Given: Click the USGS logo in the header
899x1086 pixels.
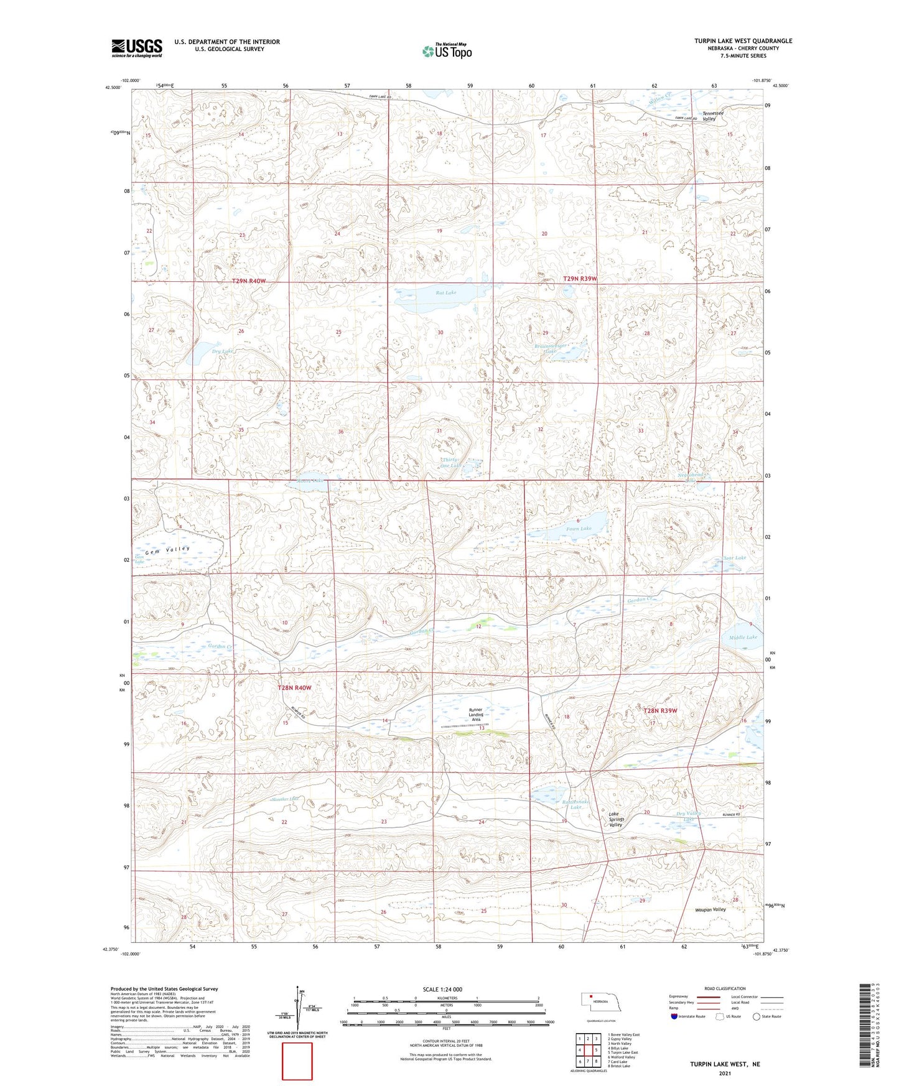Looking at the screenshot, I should point(137,48).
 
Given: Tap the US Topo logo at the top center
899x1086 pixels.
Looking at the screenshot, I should point(447,51).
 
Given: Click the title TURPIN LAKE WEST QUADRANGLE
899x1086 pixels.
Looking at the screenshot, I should point(743,41).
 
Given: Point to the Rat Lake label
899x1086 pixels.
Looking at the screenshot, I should point(446,292).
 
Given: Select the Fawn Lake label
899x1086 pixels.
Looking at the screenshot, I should point(579,529).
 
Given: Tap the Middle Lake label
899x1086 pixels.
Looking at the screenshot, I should point(743,638).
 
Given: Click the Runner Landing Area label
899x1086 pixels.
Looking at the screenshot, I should point(476,715).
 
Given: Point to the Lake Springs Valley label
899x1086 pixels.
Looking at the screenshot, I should point(617,819).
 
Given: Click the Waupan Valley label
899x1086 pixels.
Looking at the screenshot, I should point(710,909).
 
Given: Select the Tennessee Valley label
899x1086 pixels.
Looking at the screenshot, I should point(713,116).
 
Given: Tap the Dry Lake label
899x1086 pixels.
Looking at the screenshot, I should point(222,351).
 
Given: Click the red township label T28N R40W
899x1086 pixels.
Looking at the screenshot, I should point(294,688).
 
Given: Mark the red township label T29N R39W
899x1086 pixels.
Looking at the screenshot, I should point(580,279).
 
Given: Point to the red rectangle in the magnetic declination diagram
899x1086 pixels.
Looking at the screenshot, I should point(297,1061).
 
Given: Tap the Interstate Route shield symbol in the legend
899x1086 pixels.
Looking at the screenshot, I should point(674,1016).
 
